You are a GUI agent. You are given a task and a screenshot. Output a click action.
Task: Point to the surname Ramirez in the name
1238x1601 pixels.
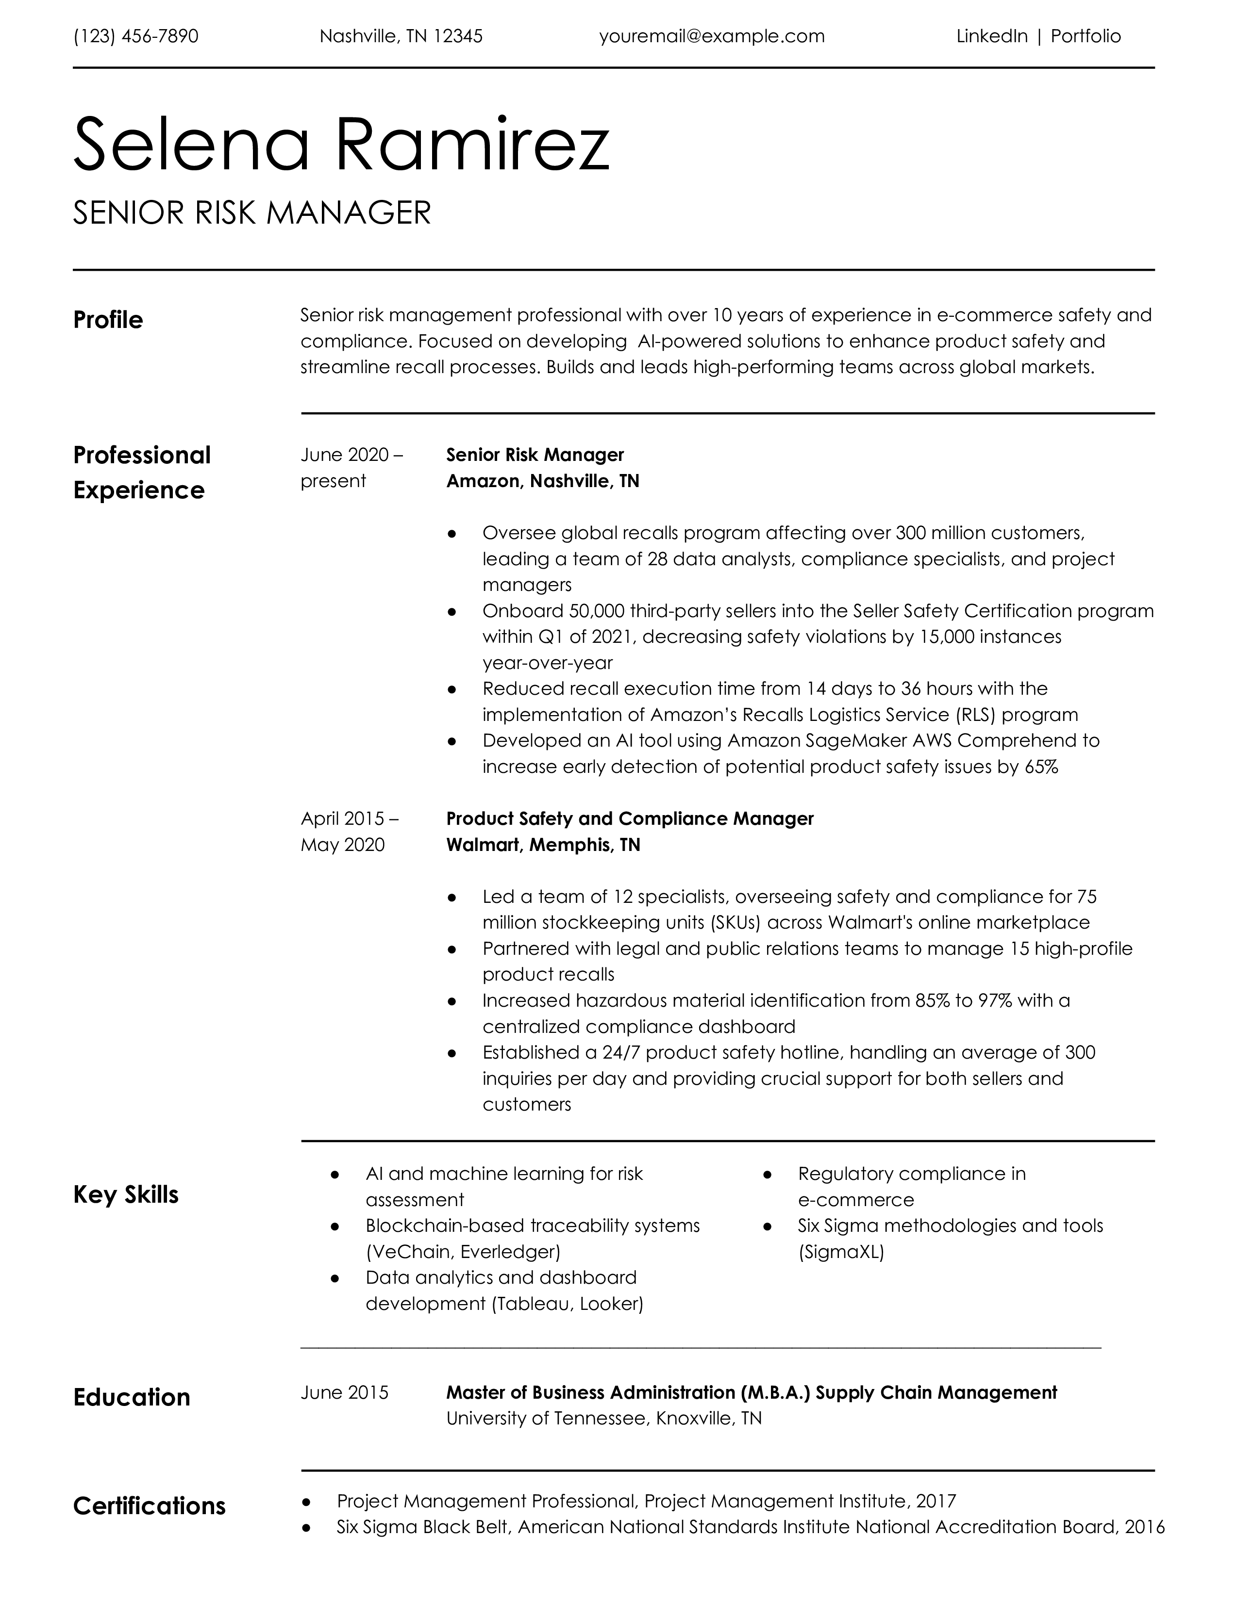[471, 145]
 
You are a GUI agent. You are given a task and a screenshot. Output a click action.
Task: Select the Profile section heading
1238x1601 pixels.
[108, 320]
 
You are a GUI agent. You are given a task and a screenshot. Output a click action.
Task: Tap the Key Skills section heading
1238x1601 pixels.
[125, 1195]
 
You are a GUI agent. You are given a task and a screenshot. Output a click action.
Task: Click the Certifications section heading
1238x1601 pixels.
[149, 1506]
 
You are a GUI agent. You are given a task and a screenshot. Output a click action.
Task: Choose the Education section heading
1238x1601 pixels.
[131, 1397]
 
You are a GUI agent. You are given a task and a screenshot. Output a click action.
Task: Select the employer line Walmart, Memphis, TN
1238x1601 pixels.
[543, 845]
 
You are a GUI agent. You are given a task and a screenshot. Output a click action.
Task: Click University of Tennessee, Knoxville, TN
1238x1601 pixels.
[603, 1419]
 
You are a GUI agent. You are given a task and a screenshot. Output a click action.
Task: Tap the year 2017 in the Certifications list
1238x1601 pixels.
[936, 1502]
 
